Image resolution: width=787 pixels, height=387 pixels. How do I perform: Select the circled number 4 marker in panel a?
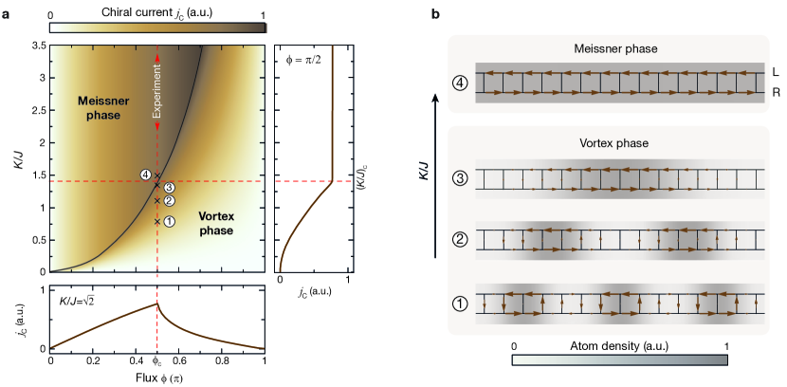coord(145,175)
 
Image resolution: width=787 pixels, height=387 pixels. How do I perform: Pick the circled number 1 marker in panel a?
coord(169,221)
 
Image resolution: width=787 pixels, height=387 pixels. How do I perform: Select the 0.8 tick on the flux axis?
coord(221,361)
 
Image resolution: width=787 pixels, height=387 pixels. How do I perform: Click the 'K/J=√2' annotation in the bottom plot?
coord(79,302)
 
